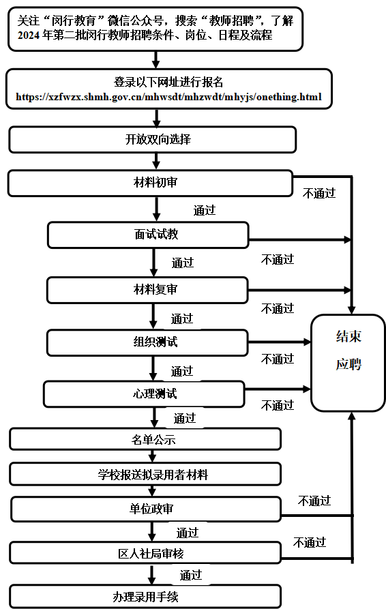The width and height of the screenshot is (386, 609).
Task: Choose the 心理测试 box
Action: pos(144,393)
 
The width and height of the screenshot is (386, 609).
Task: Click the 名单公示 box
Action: pos(145,439)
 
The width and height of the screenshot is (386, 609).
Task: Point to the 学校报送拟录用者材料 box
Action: pos(145,474)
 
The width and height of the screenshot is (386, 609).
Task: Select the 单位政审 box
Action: pos(146,509)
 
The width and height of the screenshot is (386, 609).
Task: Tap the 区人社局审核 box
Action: pos(145,552)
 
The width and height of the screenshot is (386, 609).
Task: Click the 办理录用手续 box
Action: pos(145,597)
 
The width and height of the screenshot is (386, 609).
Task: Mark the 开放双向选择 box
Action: pos(153,139)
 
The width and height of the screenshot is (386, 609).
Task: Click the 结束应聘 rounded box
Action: pos(348,363)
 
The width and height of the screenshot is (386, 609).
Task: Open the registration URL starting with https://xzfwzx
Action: pos(169,97)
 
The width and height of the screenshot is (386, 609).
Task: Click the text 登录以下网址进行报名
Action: pos(168,82)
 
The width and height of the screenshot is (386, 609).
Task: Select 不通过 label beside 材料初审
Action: pos(319,194)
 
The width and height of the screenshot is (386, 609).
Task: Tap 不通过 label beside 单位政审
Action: pos(314,501)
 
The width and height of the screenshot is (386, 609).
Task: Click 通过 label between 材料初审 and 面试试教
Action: pos(205,210)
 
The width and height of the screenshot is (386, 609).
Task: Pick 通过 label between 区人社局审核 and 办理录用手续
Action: pos(191,575)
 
